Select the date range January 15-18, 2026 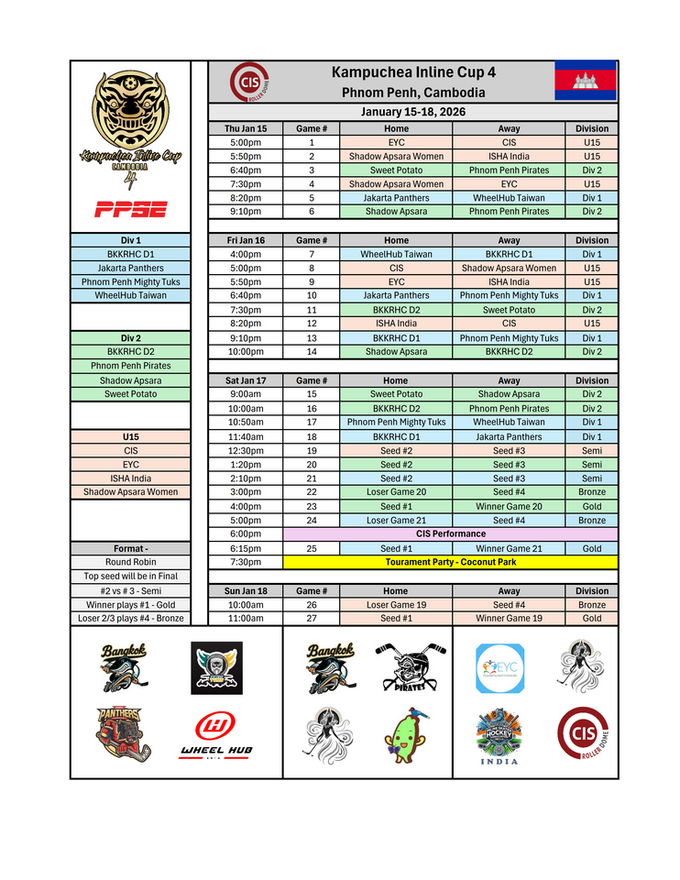pos(413,112)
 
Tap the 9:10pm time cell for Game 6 pos(246,212)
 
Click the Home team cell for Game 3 pos(396,170)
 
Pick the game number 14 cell pos(312,352)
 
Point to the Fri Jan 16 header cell pos(246,240)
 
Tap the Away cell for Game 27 pos(509,619)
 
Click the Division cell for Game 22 pos(592,492)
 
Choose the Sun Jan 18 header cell pos(246,591)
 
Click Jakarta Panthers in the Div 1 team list pos(130,268)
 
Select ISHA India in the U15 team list pos(130,478)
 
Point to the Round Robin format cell pos(130,562)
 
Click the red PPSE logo pos(130,210)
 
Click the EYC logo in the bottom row pos(500,668)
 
